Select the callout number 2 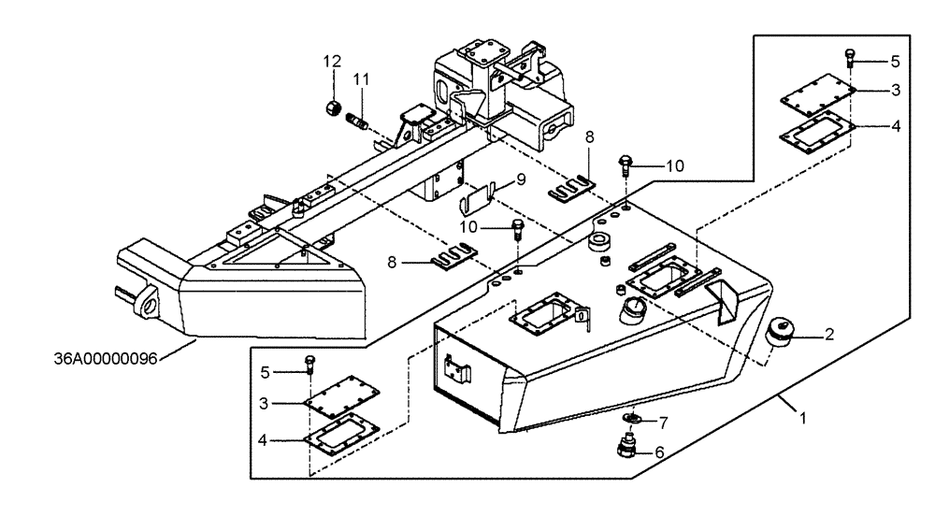[829, 333]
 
